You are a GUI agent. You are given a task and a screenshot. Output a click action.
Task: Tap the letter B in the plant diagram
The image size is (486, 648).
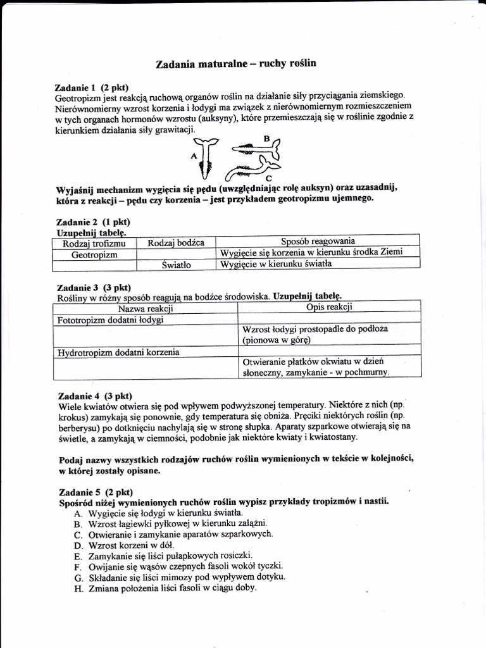click(266, 138)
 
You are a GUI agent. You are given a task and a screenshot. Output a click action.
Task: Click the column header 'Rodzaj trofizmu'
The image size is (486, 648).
click(94, 242)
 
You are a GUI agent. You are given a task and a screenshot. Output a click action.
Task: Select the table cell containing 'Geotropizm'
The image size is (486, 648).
click(94, 253)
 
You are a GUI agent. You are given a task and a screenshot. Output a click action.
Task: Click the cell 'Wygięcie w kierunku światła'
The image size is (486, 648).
click(275, 265)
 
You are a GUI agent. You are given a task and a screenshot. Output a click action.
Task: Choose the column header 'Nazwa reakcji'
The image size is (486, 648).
click(146, 309)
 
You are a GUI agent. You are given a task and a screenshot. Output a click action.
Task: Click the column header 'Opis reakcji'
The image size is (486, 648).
click(329, 308)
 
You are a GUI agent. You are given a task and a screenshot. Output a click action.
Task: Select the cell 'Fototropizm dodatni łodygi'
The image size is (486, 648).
click(111, 320)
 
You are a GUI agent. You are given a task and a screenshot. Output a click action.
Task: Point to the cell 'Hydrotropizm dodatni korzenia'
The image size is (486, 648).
click(118, 352)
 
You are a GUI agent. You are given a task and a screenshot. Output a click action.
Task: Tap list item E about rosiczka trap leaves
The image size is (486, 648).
click(171, 555)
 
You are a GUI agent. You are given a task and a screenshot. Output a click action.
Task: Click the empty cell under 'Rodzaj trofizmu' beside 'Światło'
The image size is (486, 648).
click(94, 265)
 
